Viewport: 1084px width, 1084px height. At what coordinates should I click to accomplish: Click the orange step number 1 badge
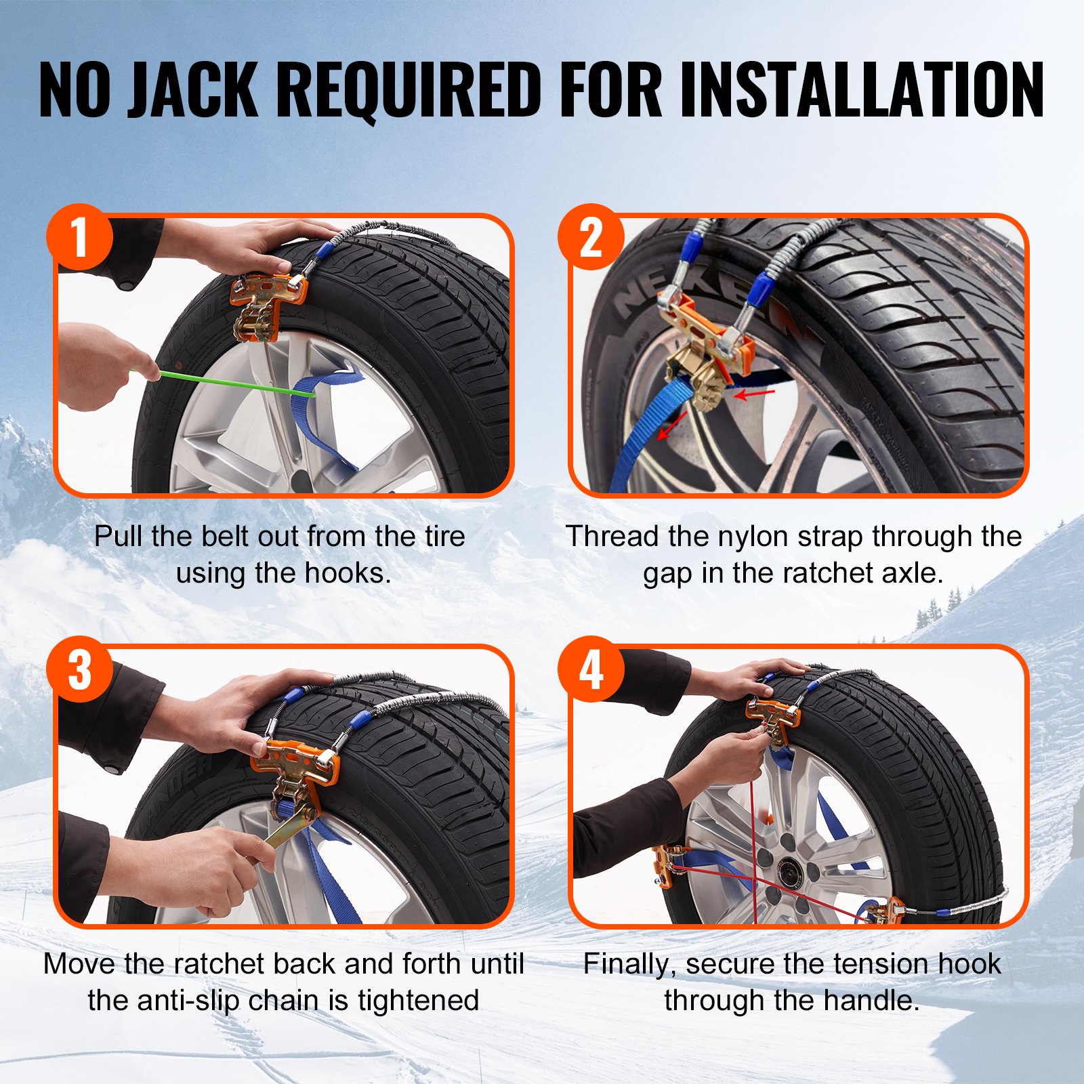tap(80, 237)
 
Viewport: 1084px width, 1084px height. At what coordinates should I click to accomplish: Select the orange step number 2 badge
tap(591, 237)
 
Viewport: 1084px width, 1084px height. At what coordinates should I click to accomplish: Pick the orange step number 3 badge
tap(80, 669)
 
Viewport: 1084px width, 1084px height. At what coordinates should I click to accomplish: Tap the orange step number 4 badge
tap(591, 669)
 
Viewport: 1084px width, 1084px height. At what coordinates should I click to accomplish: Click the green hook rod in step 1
tap(230, 383)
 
